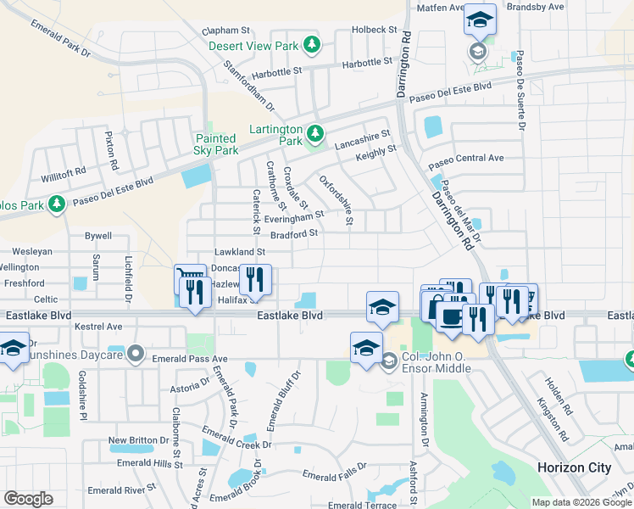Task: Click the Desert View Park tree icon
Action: tap(313, 43)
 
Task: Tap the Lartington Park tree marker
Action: tap(315, 133)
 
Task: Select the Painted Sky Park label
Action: tap(216, 144)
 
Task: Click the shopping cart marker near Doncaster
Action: tap(190, 281)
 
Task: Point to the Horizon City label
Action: tap(574, 467)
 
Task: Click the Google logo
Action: tap(28, 499)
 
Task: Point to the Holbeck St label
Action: tap(374, 30)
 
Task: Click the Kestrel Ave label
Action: tap(98, 326)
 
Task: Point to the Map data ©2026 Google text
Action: tap(581, 502)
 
